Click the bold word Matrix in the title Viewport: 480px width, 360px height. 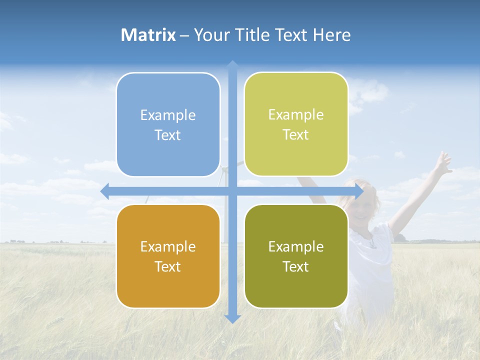148,35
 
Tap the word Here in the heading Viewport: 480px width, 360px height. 331,35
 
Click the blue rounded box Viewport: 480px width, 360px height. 168,124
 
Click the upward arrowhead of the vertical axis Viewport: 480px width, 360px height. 232,65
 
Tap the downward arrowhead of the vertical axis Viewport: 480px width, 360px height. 232,318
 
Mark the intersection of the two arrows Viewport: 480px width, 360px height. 232,191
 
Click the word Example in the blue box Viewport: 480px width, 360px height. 168,115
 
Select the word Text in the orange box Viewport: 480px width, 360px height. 168,266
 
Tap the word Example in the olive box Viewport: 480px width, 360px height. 296,246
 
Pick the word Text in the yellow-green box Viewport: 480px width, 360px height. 296,134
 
